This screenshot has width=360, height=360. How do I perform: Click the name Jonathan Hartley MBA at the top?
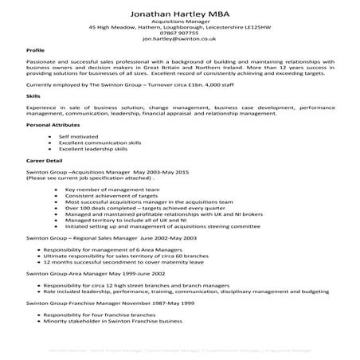179,14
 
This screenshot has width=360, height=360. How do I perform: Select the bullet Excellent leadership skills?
98,148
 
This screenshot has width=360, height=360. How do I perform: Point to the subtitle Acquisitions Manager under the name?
179,21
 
